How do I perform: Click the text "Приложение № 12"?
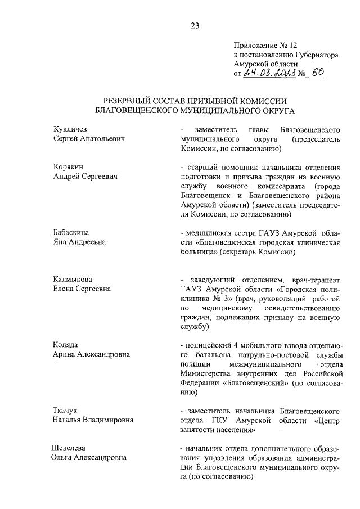[262, 46]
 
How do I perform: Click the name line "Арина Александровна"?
[91, 354]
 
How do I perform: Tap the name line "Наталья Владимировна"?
[93, 420]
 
